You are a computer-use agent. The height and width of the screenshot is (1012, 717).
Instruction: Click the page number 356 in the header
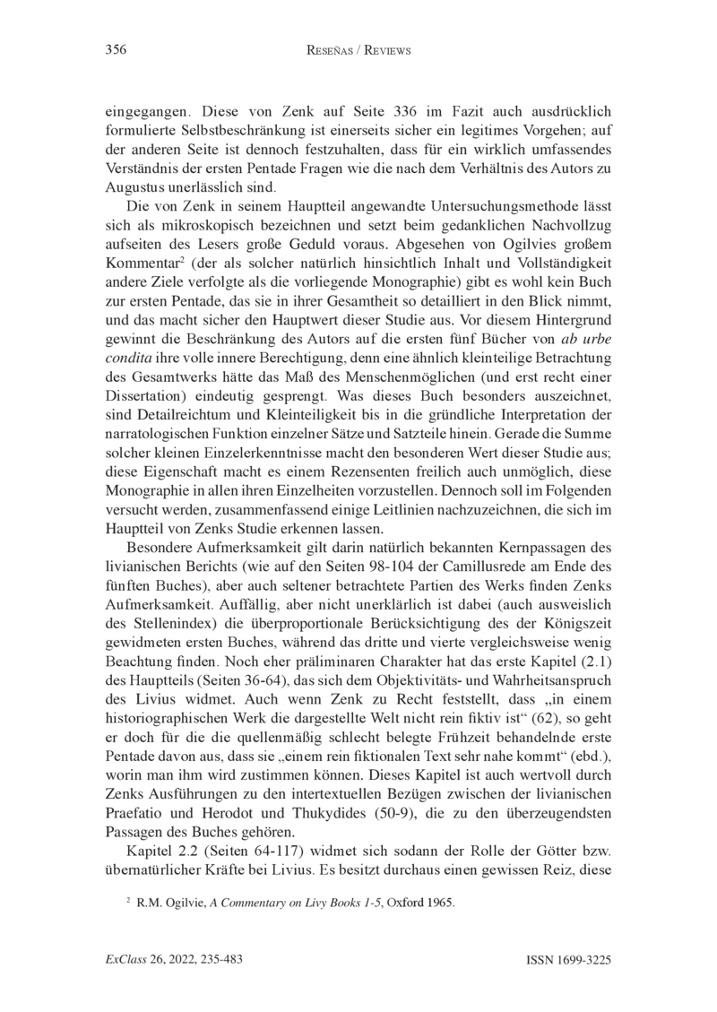115,50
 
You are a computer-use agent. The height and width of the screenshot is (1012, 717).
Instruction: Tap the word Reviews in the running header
382,51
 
